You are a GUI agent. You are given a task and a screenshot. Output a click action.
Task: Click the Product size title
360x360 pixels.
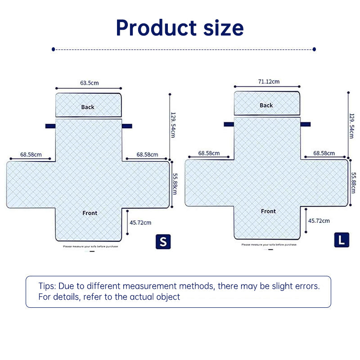tap(180, 27)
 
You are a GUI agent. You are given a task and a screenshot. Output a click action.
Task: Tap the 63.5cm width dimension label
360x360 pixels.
tap(89, 83)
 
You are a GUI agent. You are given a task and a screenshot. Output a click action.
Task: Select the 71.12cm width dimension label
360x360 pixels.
tap(269, 81)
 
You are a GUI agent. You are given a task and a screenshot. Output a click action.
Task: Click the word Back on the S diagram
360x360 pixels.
tap(88, 107)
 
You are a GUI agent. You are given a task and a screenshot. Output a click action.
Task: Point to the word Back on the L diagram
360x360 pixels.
tap(266, 105)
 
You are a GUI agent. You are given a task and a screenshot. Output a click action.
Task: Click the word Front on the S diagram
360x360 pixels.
tap(90, 213)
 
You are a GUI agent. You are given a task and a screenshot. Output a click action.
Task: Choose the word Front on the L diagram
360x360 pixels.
tap(268, 211)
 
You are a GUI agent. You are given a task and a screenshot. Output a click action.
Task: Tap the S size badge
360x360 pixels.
tap(163, 241)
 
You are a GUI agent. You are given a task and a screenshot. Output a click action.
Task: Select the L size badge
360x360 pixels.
tap(342, 240)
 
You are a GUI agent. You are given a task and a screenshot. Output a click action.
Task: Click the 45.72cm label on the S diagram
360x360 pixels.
tap(140, 222)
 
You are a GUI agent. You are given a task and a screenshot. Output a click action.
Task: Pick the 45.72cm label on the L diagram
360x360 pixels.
tap(319, 220)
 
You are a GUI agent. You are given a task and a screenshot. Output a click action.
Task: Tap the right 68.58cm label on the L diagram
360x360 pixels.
tap(324, 153)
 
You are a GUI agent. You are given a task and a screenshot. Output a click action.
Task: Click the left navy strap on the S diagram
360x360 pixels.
tap(50, 126)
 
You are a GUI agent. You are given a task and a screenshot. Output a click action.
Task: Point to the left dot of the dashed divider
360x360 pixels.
tap(54, 49)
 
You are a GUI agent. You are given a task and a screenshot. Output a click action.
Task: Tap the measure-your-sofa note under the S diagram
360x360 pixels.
tap(90, 246)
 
